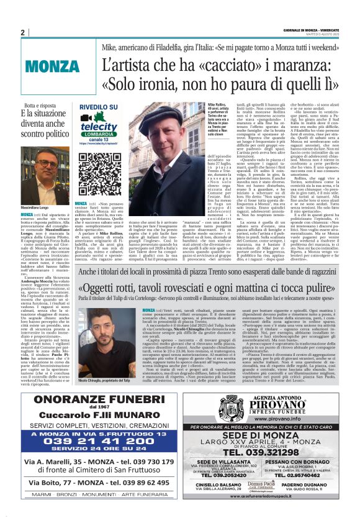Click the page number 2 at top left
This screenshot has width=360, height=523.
(22, 32)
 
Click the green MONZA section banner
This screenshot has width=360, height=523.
(52, 65)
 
